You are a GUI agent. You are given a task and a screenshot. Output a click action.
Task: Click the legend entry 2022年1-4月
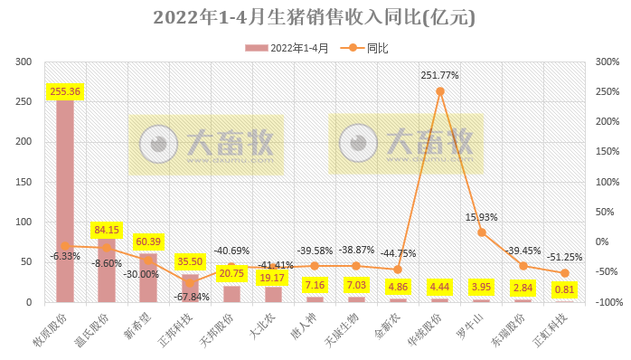coord(294,46)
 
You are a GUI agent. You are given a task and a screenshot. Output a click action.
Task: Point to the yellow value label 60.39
coord(148,242)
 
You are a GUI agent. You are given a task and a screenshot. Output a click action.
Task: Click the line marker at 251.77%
coord(440,91)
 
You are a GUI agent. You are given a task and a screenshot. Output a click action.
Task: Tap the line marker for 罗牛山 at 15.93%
coord(482,232)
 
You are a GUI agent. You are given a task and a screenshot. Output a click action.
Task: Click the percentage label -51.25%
coord(564,256)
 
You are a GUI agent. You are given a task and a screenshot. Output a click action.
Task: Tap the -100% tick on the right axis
coord(603,302)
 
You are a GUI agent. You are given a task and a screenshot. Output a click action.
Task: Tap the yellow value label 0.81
coord(564,290)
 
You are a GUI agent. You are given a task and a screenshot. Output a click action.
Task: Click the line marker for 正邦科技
coord(190,282)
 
